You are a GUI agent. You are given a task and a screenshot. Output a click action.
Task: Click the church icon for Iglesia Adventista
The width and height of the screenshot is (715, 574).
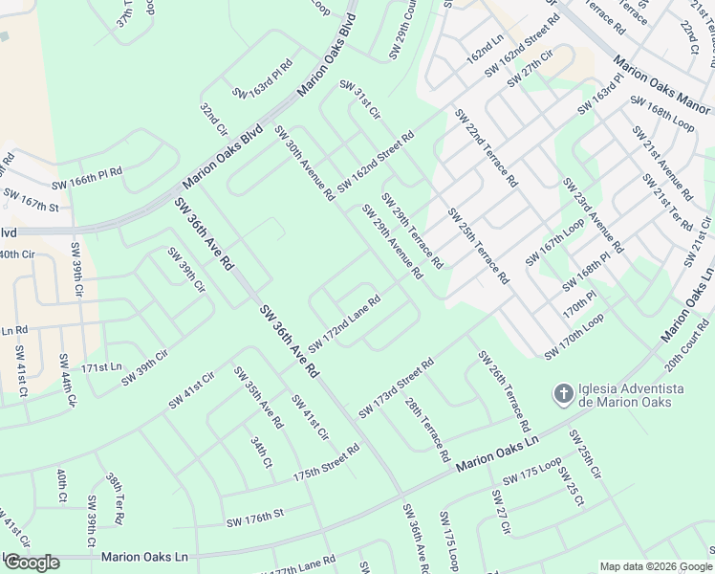point(564,393)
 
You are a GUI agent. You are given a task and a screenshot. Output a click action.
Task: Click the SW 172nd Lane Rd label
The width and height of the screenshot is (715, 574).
point(344,322)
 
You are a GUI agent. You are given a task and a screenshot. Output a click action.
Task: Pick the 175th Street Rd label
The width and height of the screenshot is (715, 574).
point(326,462)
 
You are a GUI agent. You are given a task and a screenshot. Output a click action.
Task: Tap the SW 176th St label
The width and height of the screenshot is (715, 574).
point(255,519)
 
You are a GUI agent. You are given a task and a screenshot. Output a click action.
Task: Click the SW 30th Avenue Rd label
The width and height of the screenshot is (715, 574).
point(305,164)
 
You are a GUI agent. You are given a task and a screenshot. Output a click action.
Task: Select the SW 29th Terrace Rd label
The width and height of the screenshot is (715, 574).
point(412,231)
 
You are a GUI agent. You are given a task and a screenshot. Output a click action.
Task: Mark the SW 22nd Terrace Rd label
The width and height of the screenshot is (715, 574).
point(486,147)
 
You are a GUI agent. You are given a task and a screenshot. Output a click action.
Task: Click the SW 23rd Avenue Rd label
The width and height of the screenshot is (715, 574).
point(592,214)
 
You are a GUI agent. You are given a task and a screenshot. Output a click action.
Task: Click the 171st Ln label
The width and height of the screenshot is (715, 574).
point(102,367)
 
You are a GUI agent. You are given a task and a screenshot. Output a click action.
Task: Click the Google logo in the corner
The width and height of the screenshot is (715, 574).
point(32,563)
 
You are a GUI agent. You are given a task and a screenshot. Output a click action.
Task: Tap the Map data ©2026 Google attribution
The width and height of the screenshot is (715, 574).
point(656,566)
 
